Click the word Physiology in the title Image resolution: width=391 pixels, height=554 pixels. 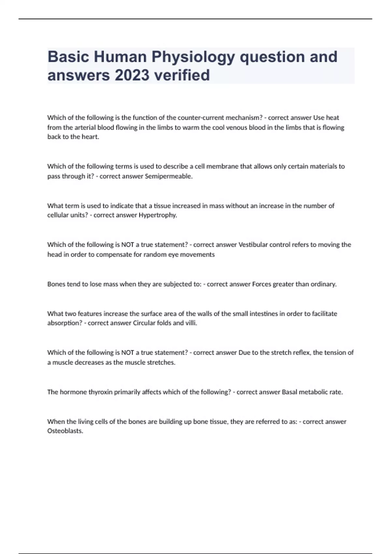click(x=193, y=57)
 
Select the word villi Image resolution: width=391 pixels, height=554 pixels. click(x=191, y=323)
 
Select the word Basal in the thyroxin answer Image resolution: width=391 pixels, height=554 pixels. click(x=289, y=392)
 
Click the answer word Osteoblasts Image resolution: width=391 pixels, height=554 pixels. click(x=65, y=431)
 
